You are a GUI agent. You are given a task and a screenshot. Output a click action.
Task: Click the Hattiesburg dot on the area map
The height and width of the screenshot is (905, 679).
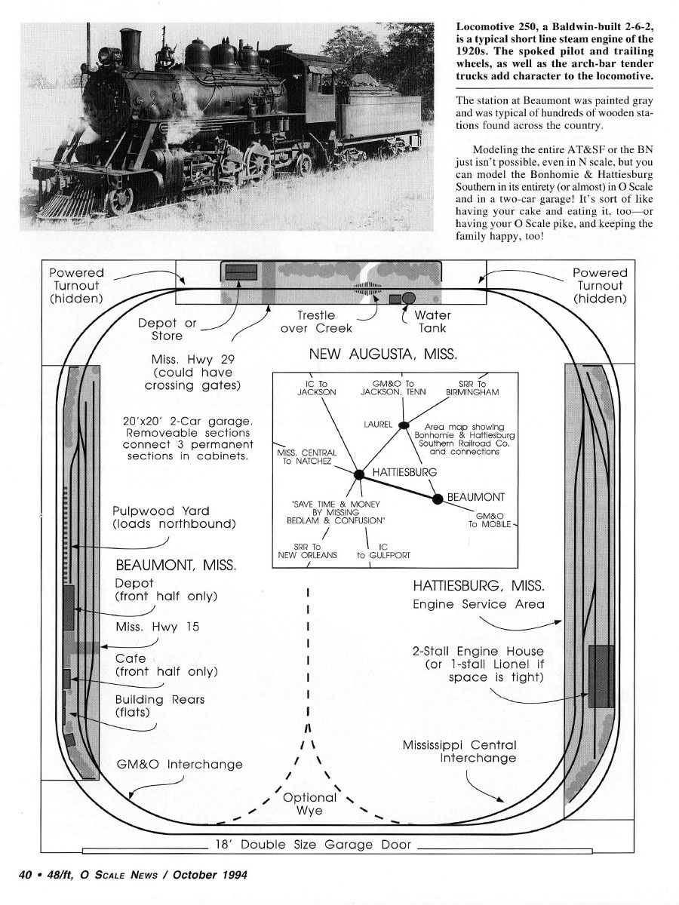click(x=359, y=474)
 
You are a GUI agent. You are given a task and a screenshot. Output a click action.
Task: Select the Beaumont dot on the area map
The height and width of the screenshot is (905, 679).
click(x=438, y=499)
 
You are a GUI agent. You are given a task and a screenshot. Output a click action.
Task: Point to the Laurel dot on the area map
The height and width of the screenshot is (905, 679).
click(x=404, y=425)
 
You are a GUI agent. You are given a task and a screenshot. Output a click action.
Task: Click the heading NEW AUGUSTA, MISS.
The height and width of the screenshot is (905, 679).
click(x=383, y=354)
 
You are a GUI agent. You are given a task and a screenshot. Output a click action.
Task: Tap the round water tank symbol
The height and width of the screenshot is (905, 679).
click(x=409, y=298)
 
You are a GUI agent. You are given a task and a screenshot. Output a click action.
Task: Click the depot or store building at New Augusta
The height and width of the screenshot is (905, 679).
click(x=241, y=272)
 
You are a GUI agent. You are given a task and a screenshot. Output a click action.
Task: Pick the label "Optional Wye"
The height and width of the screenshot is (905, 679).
click(x=309, y=804)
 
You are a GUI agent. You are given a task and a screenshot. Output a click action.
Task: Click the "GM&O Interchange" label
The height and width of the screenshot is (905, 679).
click(x=180, y=764)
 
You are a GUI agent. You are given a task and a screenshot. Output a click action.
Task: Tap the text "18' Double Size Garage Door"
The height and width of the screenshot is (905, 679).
click(x=313, y=845)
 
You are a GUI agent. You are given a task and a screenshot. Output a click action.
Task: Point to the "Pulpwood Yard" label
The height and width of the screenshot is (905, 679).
click(x=161, y=511)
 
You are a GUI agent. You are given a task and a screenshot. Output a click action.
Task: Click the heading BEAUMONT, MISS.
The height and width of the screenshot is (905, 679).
click(x=176, y=565)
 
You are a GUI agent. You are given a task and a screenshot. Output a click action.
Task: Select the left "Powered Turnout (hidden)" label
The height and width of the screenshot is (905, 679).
click(x=76, y=285)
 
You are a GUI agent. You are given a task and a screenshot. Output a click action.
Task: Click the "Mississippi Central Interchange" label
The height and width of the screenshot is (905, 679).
click(x=459, y=751)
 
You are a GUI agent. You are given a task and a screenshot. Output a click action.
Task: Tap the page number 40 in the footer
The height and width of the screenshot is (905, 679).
click(x=26, y=875)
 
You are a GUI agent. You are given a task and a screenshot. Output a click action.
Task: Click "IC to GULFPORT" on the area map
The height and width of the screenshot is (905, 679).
click(x=383, y=551)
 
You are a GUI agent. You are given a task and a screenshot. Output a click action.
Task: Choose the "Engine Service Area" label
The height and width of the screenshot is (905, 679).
click(x=478, y=604)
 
